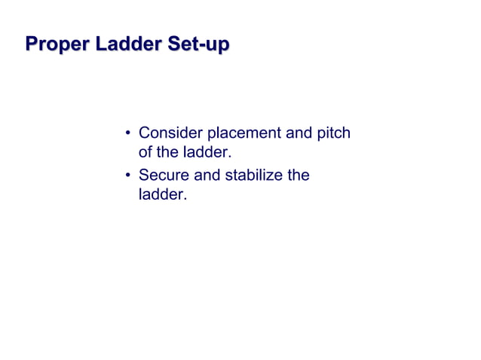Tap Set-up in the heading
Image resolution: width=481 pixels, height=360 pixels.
tap(199, 44)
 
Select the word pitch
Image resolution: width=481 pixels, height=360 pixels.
tap(332, 135)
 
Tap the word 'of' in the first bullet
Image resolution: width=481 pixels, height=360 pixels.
tap(147, 153)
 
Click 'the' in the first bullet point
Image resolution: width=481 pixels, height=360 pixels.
tap(170, 153)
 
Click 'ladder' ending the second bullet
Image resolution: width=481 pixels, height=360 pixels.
tap(160, 195)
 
